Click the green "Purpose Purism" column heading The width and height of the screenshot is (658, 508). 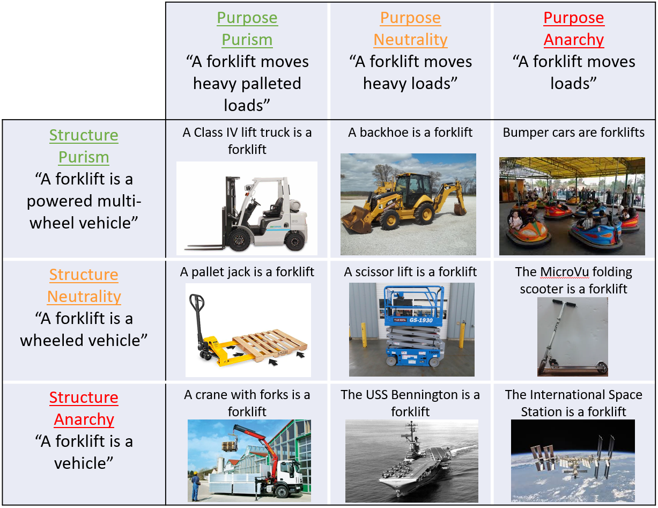click(x=247, y=29)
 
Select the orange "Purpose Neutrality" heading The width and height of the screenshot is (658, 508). click(x=410, y=29)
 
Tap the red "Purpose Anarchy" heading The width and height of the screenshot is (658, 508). click(x=573, y=29)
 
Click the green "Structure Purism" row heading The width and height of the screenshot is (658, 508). click(x=84, y=146)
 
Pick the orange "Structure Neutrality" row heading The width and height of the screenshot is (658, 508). click(x=84, y=285)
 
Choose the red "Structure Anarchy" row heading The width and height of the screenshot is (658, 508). click(x=84, y=408)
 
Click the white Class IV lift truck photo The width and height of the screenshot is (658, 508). click(x=247, y=208)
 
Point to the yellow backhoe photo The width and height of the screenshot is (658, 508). click(x=408, y=204)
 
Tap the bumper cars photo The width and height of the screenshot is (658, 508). click(x=572, y=206)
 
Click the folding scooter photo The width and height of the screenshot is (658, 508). click(x=572, y=336)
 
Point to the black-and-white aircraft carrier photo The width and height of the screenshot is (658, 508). click(x=411, y=460)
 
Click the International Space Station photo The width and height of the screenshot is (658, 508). click(x=572, y=460)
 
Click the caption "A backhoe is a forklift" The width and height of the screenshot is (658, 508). click(x=410, y=132)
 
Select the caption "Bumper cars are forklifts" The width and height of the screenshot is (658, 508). click(x=573, y=132)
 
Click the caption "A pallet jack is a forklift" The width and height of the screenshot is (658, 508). click(x=247, y=272)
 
